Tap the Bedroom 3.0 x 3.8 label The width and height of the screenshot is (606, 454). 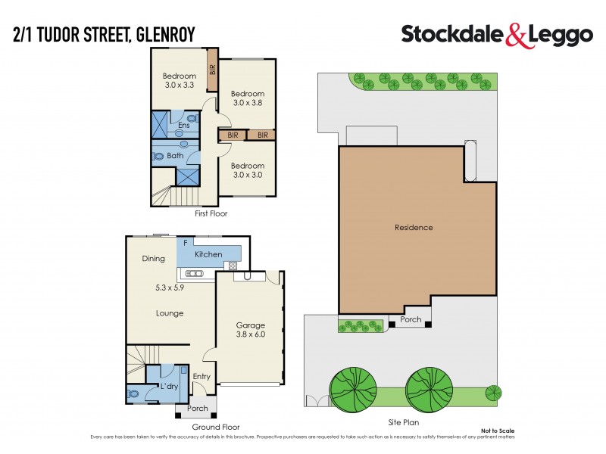(x=248, y=98)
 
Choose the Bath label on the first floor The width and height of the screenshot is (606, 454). (x=175, y=156)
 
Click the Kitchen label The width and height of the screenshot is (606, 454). (x=208, y=254)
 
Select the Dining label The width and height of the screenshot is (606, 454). (x=153, y=259)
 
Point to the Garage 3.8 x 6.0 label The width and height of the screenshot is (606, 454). (x=251, y=331)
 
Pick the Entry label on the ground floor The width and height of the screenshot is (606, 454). (x=201, y=377)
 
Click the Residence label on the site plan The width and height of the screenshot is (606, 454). (x=414, y=227)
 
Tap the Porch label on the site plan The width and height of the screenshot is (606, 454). (x=411, y=319)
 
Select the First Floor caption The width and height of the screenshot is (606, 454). (x=211, y=214)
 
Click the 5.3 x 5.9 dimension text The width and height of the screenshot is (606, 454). (x=168, y=288)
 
